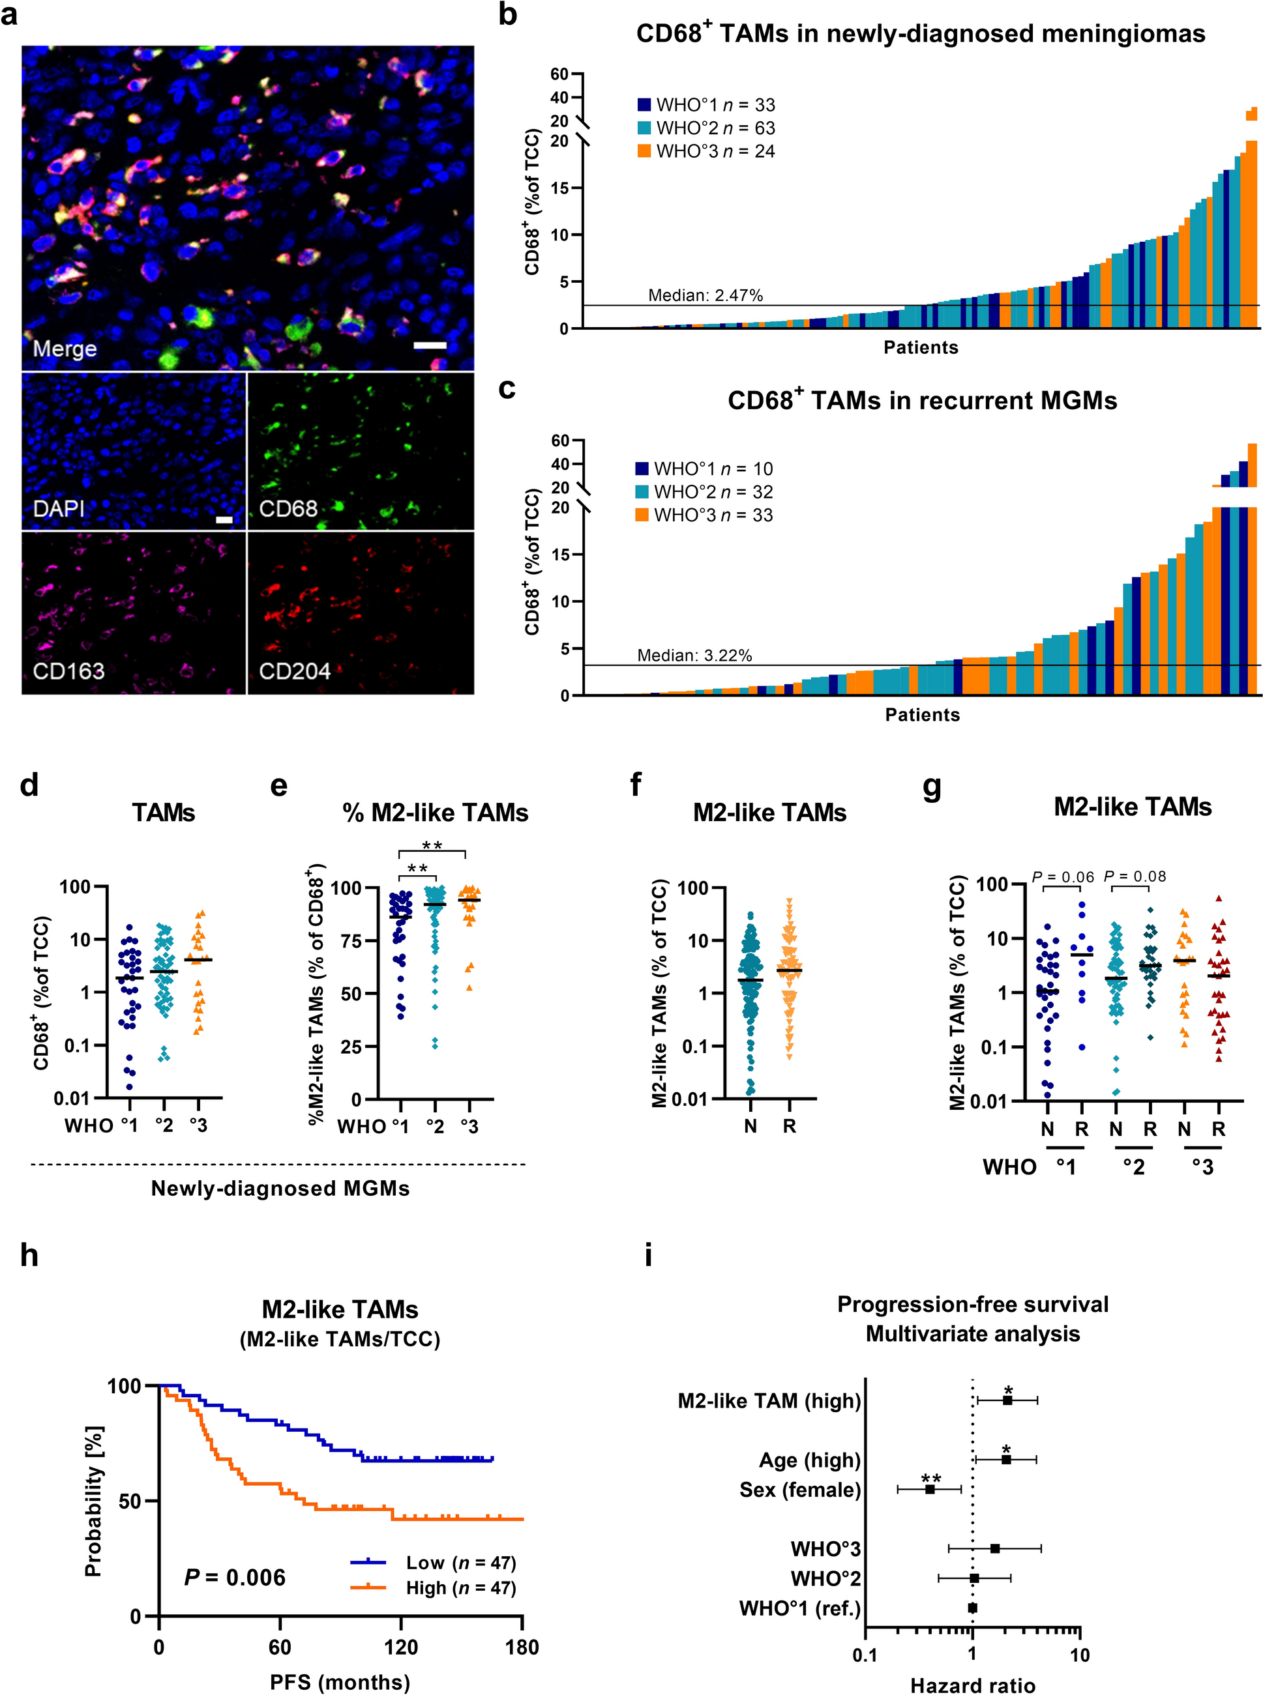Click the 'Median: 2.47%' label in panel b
(x=705, y=296)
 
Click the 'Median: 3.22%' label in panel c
(x=694, y=656)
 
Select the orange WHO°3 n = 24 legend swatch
(x=644, y=151)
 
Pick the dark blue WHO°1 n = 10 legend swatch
(x=642, y=469)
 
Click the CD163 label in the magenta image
(x=68, y=671)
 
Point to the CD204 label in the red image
(x=294, y=671)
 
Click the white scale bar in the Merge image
(x=430, y=345)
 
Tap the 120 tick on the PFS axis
(x=400, y=1647)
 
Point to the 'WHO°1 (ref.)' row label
(x=799, y=1608)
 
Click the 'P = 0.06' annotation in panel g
(x=1063, y=876)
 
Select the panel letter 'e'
(x=279, y=786)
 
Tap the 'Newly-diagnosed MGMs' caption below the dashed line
(x=280, y=1189)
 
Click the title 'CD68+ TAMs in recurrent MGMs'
(x=922, y=399)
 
